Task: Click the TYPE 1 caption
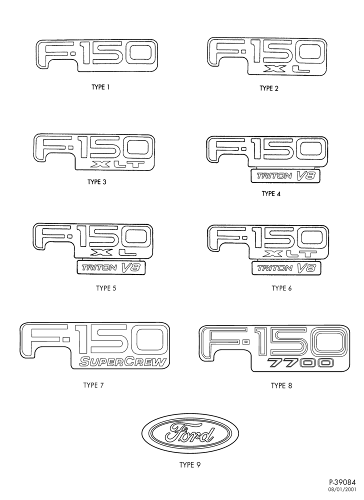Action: [100, 87]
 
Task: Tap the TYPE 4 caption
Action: [271, 193]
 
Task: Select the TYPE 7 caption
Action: [93, 385]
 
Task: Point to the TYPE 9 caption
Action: [190, 465]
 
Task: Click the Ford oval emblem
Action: [190, 435]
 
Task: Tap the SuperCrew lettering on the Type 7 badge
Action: [122, 362]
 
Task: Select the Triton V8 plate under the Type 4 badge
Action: [285, 176]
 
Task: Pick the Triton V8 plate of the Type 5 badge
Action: [111, 267]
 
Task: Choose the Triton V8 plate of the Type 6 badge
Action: [286, 268]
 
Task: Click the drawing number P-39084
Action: [342, 482]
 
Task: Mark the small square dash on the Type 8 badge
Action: [245, 343]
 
